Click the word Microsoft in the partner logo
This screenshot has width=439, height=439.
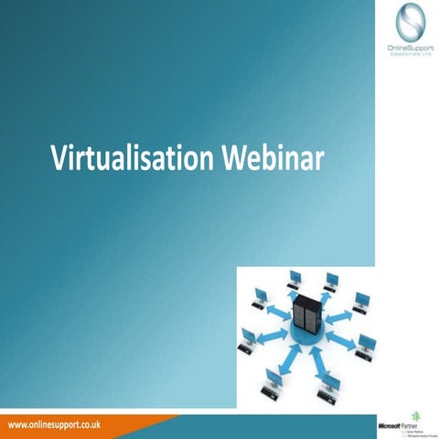[x=391, y=426]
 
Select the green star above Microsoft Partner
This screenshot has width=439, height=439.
[x=417, y=414]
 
